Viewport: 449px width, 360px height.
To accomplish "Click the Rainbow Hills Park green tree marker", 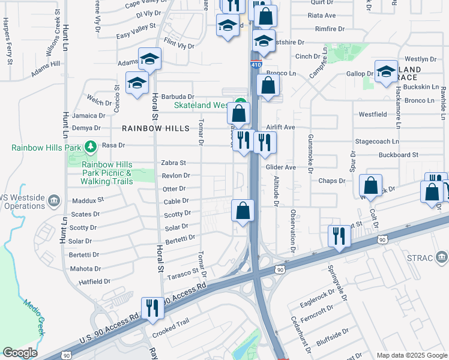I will pos(91,146).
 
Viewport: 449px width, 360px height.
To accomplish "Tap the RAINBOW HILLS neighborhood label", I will pos(155,128).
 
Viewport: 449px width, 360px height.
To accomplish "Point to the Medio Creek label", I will pos(35,317).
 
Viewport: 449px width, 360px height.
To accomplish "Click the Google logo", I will pos(20,353).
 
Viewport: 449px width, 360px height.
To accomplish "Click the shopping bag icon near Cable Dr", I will pos(243,210).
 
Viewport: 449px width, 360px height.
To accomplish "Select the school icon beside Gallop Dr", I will pos(386,71).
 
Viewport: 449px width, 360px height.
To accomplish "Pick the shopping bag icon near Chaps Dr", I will pos(371,186).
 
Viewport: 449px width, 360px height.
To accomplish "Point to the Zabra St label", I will pos(173,163).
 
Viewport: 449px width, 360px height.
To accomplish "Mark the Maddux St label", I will pos(88,200).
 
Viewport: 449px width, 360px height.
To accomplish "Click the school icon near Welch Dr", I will pos(137,83).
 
